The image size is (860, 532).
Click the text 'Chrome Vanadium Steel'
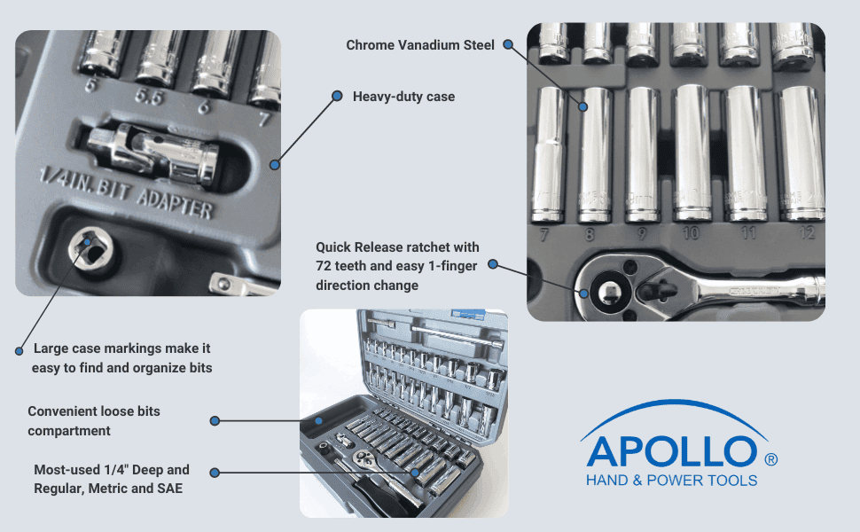[x=420, y=45]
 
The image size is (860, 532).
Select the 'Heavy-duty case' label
[x=403, y=96]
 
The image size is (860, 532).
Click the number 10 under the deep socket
[x=691, y=233]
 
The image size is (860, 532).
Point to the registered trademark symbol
[x=770, y=459]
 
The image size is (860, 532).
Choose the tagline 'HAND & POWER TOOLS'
[x=671, y=481]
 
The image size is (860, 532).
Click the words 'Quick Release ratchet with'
[x=397, y=246]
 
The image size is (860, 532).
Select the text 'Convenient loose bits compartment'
[x=94, y=421]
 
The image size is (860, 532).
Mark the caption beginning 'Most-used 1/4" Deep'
[x=112, y=479]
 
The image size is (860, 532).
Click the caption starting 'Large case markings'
[x=121, y=358]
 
